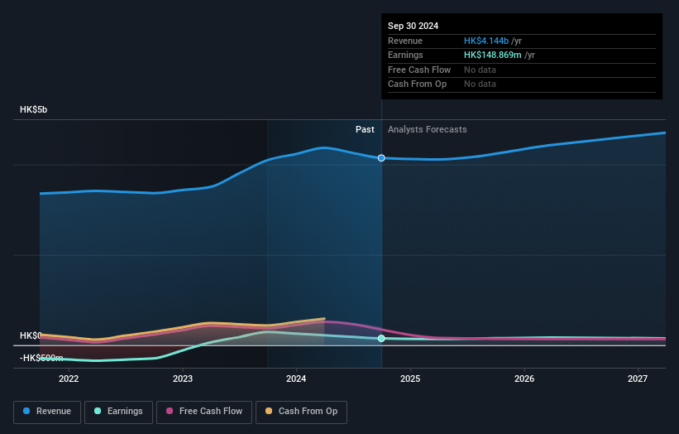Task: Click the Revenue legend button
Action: click(47, 412)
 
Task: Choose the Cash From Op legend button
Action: click(301, 412)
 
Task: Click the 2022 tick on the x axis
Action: click(69, 379)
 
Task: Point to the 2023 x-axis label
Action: click(183, 379)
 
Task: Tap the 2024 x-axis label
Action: click(297, 379)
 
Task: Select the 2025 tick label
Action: click(410, 379)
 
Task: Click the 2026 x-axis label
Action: click(524, 379)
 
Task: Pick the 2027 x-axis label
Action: click(638, 379)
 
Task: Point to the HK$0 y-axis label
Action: click(31, 335)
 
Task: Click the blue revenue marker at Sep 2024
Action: click(381, 157)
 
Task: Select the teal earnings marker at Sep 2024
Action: click(381, 338)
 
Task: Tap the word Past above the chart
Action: click(365, 130)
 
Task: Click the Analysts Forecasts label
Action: click(427, 130)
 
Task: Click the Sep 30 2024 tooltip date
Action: click(414, 26)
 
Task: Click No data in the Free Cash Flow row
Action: click(480, 70)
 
